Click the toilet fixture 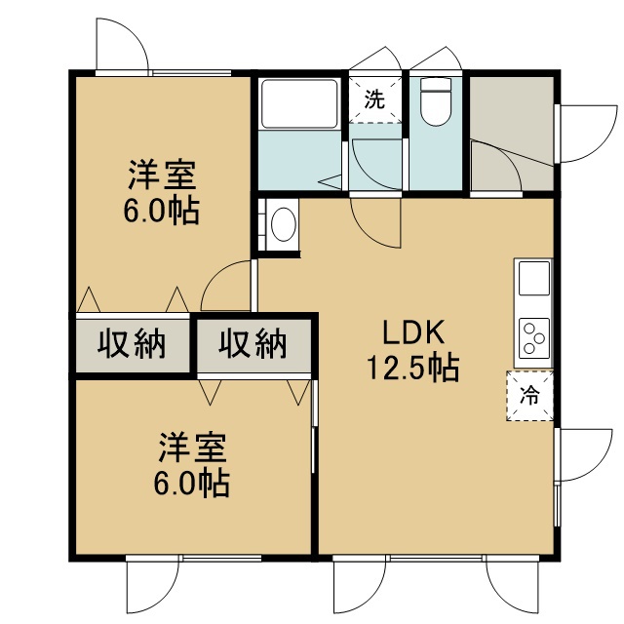(x=436, y=101)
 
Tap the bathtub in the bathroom (x=299, y=104)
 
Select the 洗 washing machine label (x=374, y=99)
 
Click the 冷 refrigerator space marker (x=529, y=396)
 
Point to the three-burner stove (x=533, y=338)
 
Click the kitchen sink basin (x=533, y=279)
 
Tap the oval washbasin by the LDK (x=284, y=223)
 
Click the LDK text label (x=413, y=331)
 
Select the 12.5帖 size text (x=413, y=369)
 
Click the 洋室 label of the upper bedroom (x=162, y=175)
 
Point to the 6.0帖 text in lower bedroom (x=191, y=484)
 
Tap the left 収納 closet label (x=132, y=344)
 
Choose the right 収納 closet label (x=253, y=343)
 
